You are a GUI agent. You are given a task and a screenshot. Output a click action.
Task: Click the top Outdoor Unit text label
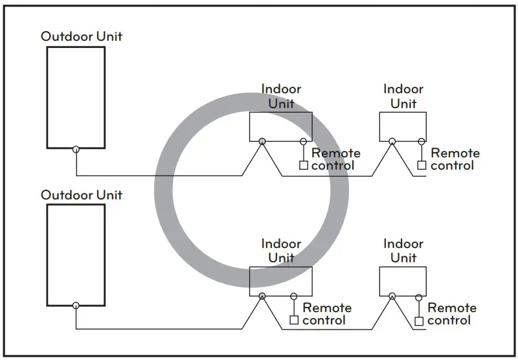pos(81,36)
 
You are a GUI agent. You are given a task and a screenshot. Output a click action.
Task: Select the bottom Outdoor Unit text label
pos(81,195)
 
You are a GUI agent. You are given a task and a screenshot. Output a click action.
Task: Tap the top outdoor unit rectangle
pos(76,97)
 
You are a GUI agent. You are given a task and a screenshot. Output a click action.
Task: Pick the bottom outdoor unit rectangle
pos(76,254)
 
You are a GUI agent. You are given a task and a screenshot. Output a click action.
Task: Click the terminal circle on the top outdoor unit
pos(76,149)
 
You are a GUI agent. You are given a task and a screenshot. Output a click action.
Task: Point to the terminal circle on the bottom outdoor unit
pos(76,305)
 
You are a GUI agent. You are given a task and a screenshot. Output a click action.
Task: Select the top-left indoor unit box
pos(280,126)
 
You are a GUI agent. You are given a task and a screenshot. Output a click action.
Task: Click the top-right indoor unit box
pos(403,126)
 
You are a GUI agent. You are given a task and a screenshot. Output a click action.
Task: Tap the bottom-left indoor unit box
pos(280,281)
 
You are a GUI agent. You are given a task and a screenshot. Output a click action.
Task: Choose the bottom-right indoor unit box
pos(403,281)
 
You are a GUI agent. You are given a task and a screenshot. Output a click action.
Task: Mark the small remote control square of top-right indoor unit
pos(422,166)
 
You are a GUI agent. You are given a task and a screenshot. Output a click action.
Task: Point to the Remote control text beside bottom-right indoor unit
pos(451,314)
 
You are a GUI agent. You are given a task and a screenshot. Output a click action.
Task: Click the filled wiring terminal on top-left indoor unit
pos(262,141)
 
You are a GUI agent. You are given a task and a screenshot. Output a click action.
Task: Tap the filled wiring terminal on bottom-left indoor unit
pos(262,296)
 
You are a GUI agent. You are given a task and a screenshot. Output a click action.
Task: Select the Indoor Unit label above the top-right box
pos(403,96)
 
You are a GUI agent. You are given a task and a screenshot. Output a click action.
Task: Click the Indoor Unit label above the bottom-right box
pos(403,251)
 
